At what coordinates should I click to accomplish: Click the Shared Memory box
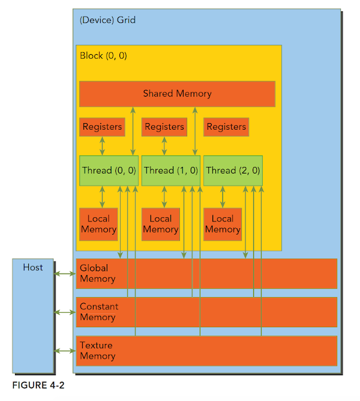pyautogui.click(x=177, y=94)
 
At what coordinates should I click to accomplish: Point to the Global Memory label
pyautogui.click(x=98, y=273)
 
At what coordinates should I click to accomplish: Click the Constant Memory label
pyautogui.click(x=99, y=312)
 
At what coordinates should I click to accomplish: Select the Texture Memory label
pyautogui.click(x=97, y=351)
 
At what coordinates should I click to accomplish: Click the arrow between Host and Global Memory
pyautogui.click(x=65, y=274)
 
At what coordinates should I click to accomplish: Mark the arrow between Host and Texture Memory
pyautogui.click(x=65, y=351)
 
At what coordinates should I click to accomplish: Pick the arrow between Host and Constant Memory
pyautogui.click(x=65, y=312)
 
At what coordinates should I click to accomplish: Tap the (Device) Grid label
pyautogui.click(x=107, y=20)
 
